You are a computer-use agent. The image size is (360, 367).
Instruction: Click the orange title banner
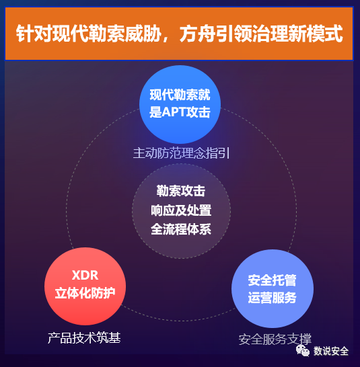click(179, 34)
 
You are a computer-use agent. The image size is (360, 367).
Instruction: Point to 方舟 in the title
click(198, 34)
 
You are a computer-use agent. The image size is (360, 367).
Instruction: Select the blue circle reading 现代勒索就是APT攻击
click(180, 104)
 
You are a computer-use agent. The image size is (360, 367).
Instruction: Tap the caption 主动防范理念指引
click(181, 153)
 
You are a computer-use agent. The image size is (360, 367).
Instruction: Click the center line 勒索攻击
click(181, 191)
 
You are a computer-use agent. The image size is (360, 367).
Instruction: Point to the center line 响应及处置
click(181, 210)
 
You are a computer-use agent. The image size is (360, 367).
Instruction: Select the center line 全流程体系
click(181, 229)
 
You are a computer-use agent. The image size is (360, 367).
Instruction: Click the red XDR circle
click(85, 286)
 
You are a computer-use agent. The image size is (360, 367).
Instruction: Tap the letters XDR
click(85, 275)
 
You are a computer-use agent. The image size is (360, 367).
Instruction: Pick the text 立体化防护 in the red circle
click(85, 293)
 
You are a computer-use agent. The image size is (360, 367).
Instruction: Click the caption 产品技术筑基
click(84, 337)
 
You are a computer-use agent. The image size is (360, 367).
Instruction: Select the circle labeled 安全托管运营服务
click(273, 288)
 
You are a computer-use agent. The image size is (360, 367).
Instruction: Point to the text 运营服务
click(273, 298)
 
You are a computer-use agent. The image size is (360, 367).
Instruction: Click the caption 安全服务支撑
click(275, 339)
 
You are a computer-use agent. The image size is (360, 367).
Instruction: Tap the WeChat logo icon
click(303, 350)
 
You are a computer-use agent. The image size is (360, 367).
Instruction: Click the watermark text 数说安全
click(331, 351)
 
